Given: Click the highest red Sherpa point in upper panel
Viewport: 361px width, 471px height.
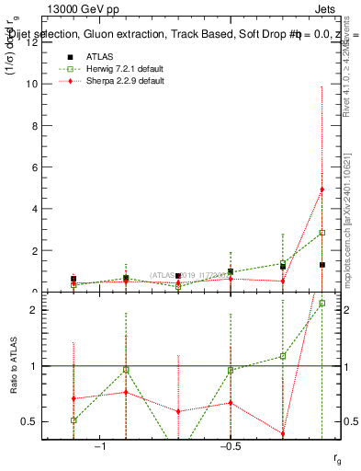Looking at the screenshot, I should [322, 190].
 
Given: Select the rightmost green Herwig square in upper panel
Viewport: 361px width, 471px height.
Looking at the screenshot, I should [322, 233].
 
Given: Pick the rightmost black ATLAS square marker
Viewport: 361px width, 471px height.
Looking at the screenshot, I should [322, 265].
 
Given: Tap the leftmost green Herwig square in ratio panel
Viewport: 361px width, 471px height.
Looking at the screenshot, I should [73, 419].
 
